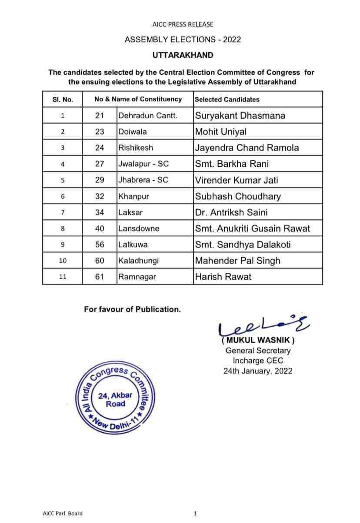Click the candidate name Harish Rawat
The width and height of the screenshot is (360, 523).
(223, 277)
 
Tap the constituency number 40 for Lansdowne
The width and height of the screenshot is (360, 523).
(100, 228)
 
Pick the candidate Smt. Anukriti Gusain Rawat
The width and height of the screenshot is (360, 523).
(252, 228)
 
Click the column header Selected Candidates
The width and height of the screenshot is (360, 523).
(227, 99)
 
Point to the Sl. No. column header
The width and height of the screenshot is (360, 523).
(63, 99)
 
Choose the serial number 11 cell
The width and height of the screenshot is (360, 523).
(63, 277)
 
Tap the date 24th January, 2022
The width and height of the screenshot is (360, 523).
(258, 371)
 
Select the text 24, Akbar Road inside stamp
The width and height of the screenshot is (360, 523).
(115, 400)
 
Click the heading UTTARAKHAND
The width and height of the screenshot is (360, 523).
(183, 55)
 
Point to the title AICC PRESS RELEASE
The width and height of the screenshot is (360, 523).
(183, 25)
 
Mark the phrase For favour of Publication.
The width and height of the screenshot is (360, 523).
(132, 309)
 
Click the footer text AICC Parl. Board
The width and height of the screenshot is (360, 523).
(63, 513)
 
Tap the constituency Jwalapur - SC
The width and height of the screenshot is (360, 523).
(143, 164)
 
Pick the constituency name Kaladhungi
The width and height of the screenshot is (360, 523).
(139, 261)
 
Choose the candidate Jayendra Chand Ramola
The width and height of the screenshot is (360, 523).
(247, 148)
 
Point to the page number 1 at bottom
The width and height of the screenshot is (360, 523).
(195, 513)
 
